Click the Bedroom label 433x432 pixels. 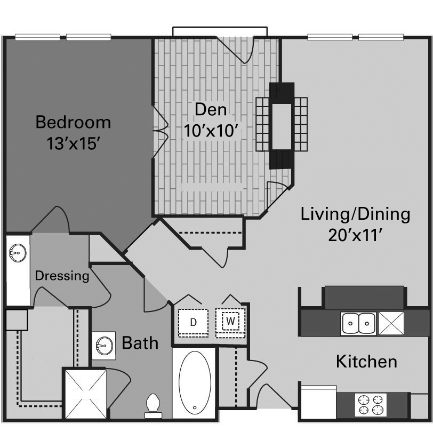[73, 122]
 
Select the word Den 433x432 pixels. [210, 109]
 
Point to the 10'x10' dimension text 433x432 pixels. [210, 131]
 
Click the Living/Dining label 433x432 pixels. [356, 214]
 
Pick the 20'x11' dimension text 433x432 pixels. [356, 235]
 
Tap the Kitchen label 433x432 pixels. [366, 362]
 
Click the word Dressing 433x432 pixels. [62, 276]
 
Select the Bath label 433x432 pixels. [140, 342]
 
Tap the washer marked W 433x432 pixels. [230, 321]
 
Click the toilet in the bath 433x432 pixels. [153, 405]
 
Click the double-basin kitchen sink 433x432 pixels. [358, 323]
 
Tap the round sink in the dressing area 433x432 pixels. [18, 252]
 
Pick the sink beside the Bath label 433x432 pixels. [103, 346]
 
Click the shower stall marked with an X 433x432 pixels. [85, 393]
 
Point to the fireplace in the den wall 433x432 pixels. [282, 126]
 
